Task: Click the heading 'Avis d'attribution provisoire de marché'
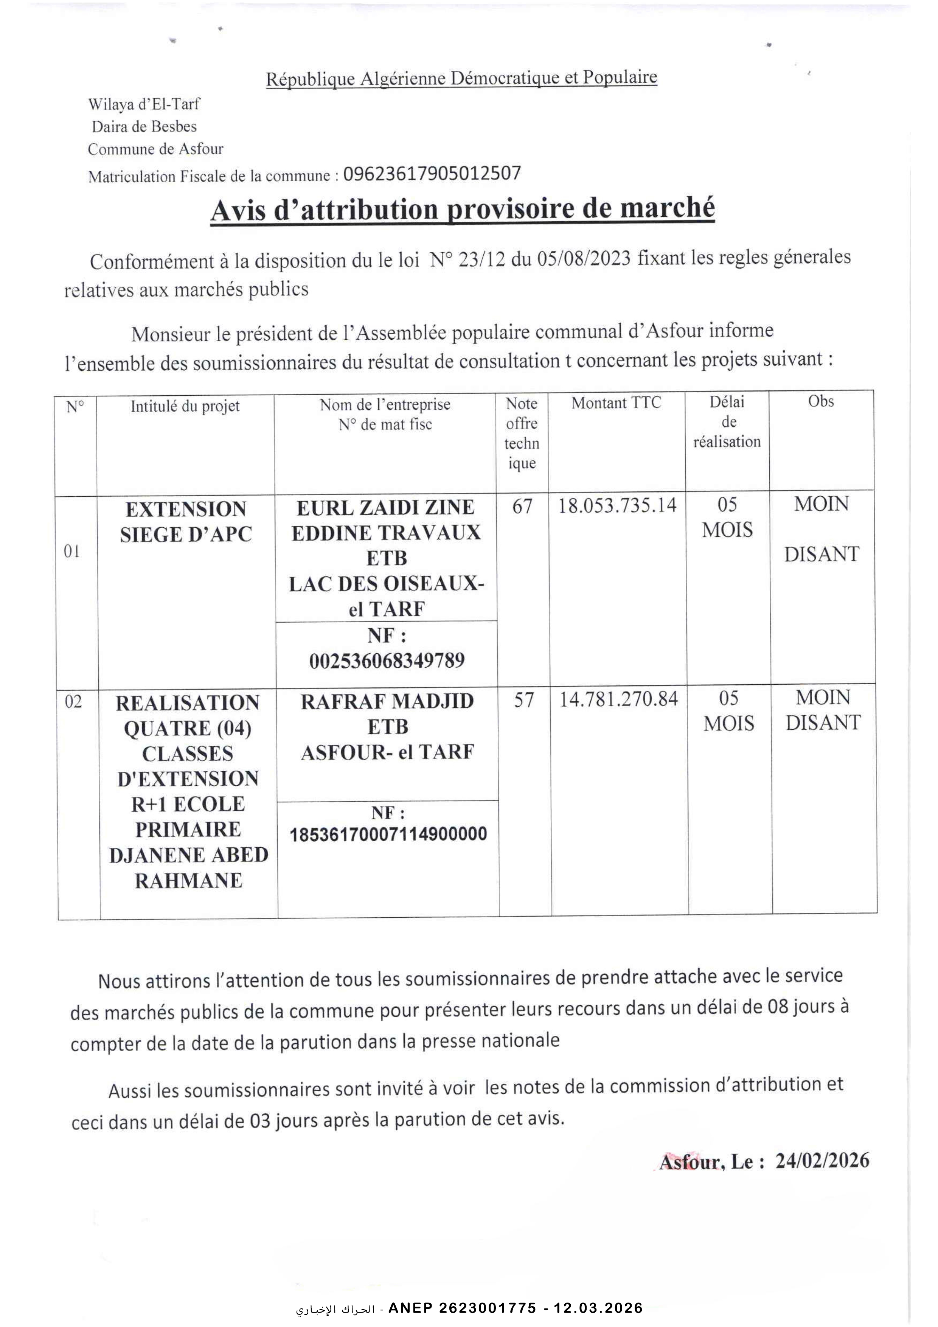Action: pyautogui.click(x=462, y=209)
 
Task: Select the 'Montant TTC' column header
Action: pyautogui.click(x=616, y=403)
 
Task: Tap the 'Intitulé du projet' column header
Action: pyautogui.click(x=185, y=406)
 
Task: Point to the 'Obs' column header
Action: pyautogui.click(x=821, y=401)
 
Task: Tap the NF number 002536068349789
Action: pyautogui.click(x=387, y=660)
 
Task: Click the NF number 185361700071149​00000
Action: pyautogui.click(x=388, y=834)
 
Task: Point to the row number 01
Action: pyautogui.click(x=71, y=552)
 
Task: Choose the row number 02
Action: pyautogui.click(x=73, y=702)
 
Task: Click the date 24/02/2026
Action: pyautogui.click(x=822, y=1161)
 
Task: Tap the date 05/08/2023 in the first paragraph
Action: pyautogui.click(x=583, y=259)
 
